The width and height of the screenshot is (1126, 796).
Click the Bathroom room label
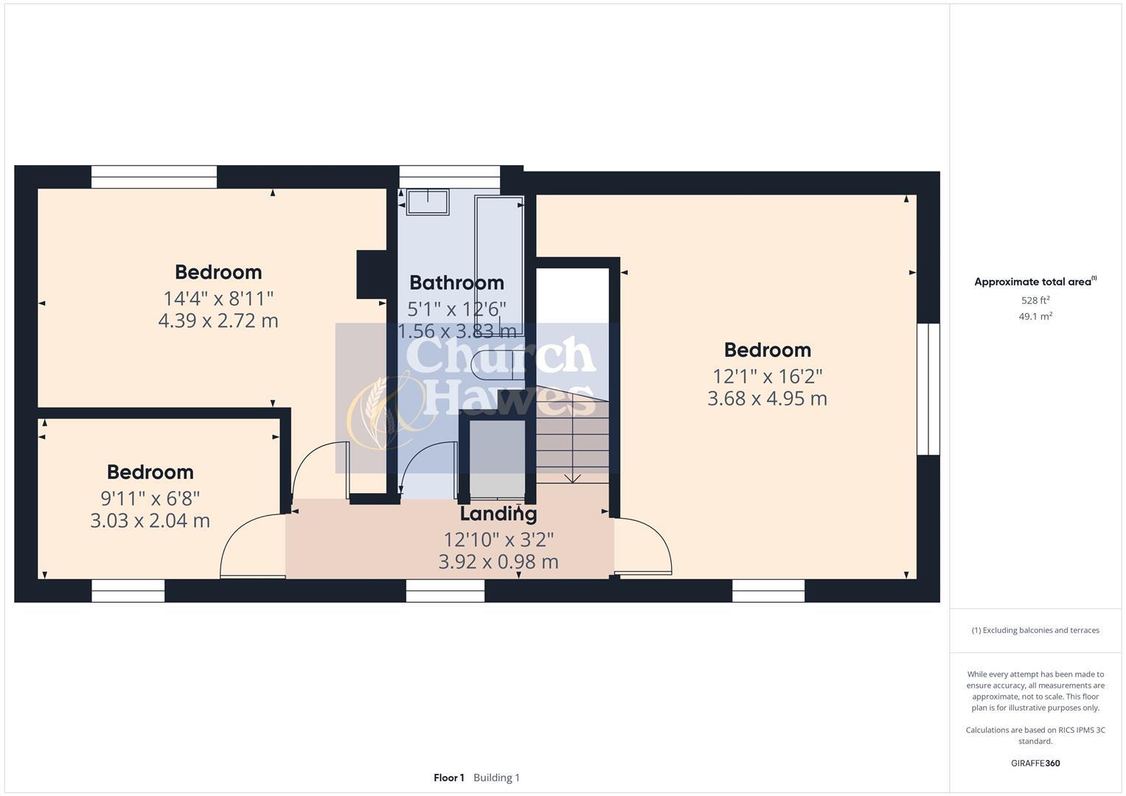456,283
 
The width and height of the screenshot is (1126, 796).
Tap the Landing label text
498,514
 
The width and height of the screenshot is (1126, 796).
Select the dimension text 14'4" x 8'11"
218,298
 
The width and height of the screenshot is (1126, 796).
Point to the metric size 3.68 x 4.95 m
767,399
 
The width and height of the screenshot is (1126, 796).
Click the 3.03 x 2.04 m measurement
150,521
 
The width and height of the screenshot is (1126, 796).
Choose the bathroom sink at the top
428,202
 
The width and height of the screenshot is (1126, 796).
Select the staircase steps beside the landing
572,442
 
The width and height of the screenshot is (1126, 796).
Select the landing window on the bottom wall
445,590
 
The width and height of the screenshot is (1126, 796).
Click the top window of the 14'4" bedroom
154,177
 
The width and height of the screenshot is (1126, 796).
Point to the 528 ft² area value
1035,301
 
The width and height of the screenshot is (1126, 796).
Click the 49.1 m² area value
1035,317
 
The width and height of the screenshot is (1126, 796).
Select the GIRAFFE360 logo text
1035,763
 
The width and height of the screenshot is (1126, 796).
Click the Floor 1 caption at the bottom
448,778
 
